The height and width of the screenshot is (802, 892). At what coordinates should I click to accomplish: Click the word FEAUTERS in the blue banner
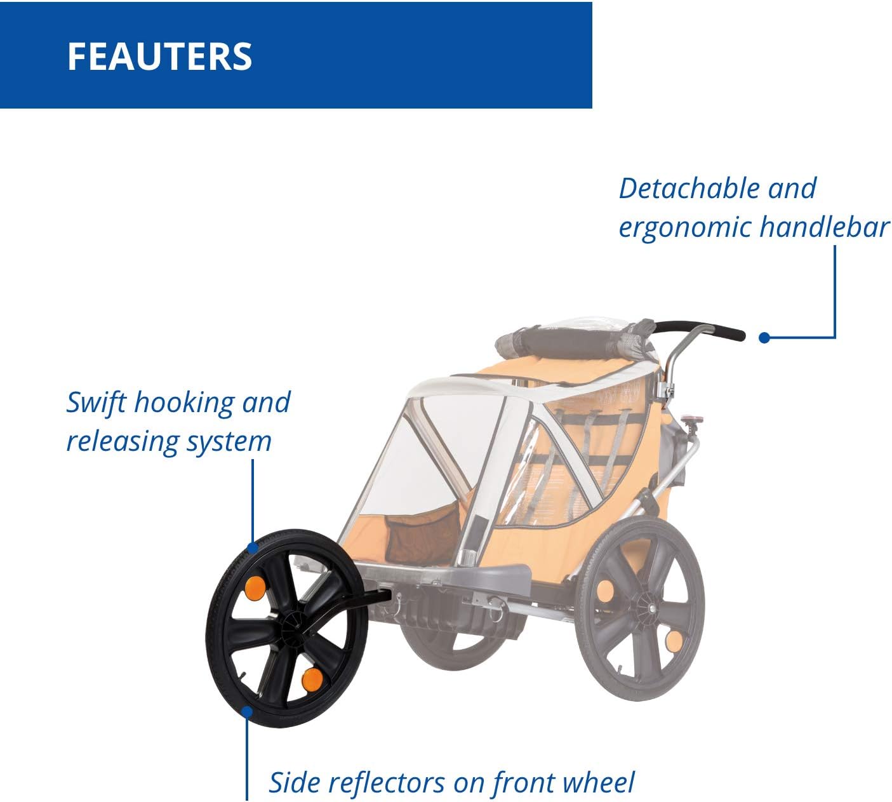coord(159,57)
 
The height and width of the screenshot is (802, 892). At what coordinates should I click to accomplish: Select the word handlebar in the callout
coord(825,227)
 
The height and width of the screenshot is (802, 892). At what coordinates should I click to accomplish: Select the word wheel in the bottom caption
coord(599,782)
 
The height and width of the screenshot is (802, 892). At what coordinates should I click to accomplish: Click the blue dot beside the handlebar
coord(764,338)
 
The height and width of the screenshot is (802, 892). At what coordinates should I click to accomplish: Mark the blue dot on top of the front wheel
coord(253,547)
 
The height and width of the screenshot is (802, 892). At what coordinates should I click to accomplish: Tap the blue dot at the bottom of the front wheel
coord(247,712)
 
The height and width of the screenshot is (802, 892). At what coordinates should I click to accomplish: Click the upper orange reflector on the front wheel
coord(255,588)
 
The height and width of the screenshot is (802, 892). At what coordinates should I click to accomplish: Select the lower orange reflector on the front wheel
coord(312,679)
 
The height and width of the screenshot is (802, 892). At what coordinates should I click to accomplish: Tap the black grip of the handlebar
coord(698,329)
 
